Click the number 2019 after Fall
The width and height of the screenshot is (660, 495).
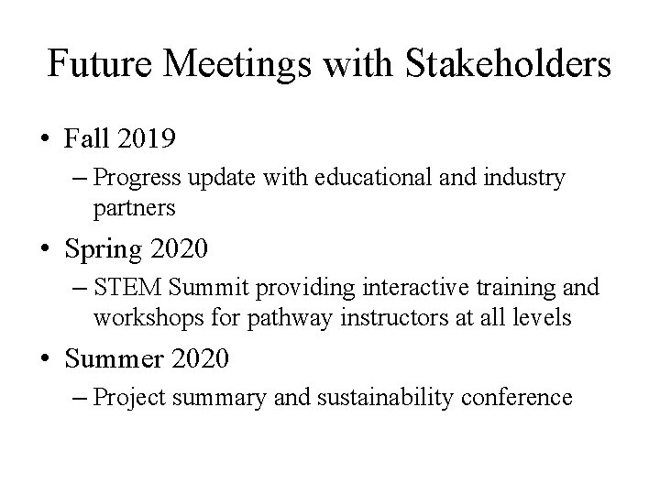coord(144,139)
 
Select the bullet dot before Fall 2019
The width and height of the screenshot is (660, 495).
coord(45,139)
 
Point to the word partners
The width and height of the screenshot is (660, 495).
coord(134,209)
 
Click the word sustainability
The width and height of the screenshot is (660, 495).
coord(374,398)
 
